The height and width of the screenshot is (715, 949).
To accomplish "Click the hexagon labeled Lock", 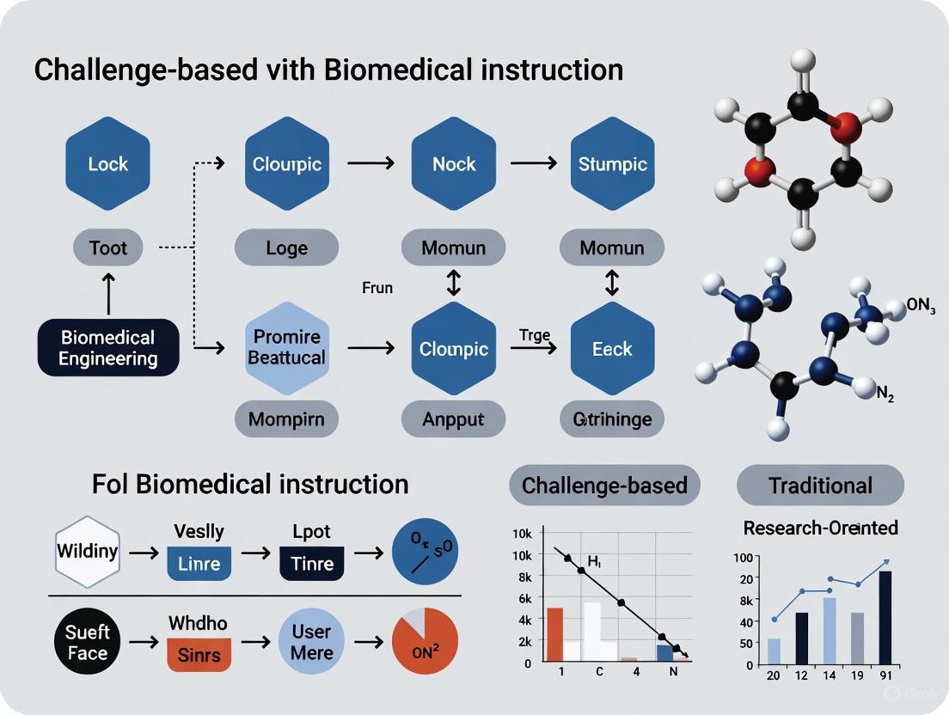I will pyautogui.click(x=108, y=163).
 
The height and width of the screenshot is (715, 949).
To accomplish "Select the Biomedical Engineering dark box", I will pyautogui.click(x=108, y=348).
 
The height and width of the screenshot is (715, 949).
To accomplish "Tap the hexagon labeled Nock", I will pyautogui.click(x=454, y=163).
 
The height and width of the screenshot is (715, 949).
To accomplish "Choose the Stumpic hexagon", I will pyautogui.click(x=613, y=163).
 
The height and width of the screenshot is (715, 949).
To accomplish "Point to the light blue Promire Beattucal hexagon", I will pyautogui.click(x=287, y=346).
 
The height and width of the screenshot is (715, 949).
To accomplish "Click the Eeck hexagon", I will pyautogui.click(x=613, y=349).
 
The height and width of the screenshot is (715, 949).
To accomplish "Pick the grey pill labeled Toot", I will pyautogui.click(x=108, y=247).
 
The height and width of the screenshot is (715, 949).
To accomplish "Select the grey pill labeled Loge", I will pyautogui.click(x=287, y=247).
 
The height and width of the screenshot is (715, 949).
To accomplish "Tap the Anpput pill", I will pyautogui.click(x=454, y=420).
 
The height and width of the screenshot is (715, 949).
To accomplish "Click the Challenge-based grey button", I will pyautogui.click(x=604, y=486).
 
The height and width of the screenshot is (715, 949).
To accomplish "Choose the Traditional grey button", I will pyautogui.click(x=820, y=486).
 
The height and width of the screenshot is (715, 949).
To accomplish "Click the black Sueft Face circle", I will pyautogui.click(x=88, y=642).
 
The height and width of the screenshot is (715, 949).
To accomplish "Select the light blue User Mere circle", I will pyautogui.click(x=311, y=642).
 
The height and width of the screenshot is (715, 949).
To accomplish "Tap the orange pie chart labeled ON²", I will pyautogui.click(x=425, y=642).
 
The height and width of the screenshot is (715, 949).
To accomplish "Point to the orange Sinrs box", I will pyautogui.click(x=199, y=656).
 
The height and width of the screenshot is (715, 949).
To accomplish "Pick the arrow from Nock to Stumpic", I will pyautogui.click(x=533, y=162).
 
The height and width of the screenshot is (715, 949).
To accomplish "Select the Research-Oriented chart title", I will pyautogui.click(x=820, y=527).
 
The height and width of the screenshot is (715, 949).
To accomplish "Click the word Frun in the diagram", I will pyautogui.click(x=377, y=288).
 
